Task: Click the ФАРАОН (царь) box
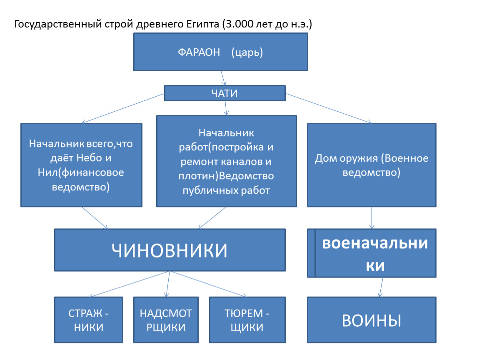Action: click(x=221, y=52)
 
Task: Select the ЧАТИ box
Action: click(x=225, y=93)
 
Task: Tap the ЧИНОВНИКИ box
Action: click(x=170, y=250)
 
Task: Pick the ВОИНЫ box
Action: click(x=372, y=320)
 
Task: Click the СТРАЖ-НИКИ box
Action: click(x=89, y=320)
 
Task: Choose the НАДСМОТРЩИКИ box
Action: click(x=166, y=320)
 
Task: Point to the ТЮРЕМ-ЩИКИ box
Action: click(x=247, y=320)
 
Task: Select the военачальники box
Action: click(x=372, y=253)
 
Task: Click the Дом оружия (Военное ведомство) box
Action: click(x=372, y=165)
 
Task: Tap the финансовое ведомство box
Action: click(x=81, y=165)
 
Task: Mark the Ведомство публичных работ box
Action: click(x=226, y=161)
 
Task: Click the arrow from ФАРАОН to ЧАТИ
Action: click(x=223, y=78)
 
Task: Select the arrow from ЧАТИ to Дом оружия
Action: click(x=329, y=108)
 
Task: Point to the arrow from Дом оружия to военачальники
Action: click(x=372, y=218)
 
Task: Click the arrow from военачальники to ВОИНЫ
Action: click(x=381, y=287)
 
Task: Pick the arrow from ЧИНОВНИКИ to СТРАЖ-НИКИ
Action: click(x=130, y=284)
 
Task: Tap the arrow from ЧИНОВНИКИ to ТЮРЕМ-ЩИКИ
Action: click(x=209, y=284)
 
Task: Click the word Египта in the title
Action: click(x=202, y=24)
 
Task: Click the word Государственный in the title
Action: click(x=58, y=24)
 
